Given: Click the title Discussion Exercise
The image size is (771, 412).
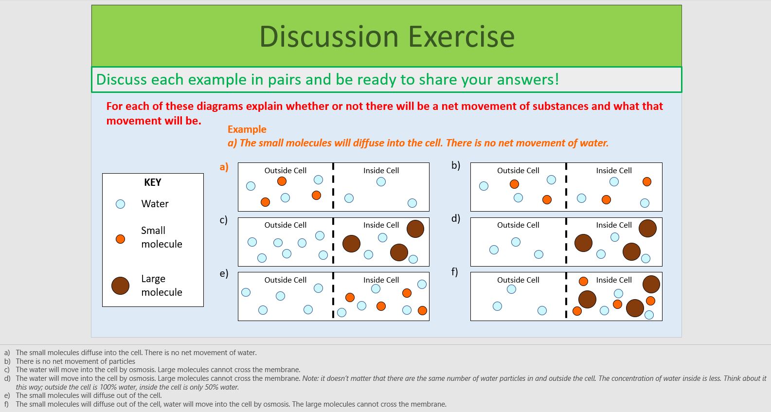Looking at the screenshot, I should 387,36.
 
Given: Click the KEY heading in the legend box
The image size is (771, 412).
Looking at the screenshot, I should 152,182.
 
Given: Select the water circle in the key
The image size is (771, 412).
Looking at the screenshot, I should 120,204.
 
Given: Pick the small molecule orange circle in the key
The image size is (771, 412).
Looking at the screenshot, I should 120,239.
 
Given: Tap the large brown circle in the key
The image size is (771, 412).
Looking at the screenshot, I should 120,286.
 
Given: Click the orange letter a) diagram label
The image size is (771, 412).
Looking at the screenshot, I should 224,167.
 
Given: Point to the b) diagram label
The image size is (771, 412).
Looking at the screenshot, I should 455,165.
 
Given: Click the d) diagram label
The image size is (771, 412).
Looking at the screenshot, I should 455,218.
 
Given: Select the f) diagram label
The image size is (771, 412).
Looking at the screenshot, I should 454,271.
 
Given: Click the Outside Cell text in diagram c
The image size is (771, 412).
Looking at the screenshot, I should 285,225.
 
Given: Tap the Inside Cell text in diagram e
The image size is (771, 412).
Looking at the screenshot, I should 381,280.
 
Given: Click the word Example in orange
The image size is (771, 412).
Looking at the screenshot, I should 247,129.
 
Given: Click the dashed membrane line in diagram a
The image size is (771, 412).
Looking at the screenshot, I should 333,186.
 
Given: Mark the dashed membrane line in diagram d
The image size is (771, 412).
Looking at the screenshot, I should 566,241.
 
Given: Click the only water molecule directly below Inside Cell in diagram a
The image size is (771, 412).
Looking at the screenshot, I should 381,181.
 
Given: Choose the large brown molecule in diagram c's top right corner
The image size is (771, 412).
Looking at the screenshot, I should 415,229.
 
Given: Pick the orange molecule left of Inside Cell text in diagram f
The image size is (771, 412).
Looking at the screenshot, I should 583,281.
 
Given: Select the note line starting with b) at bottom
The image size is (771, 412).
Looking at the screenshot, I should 75,361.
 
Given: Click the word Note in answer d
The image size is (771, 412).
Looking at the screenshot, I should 310,378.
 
